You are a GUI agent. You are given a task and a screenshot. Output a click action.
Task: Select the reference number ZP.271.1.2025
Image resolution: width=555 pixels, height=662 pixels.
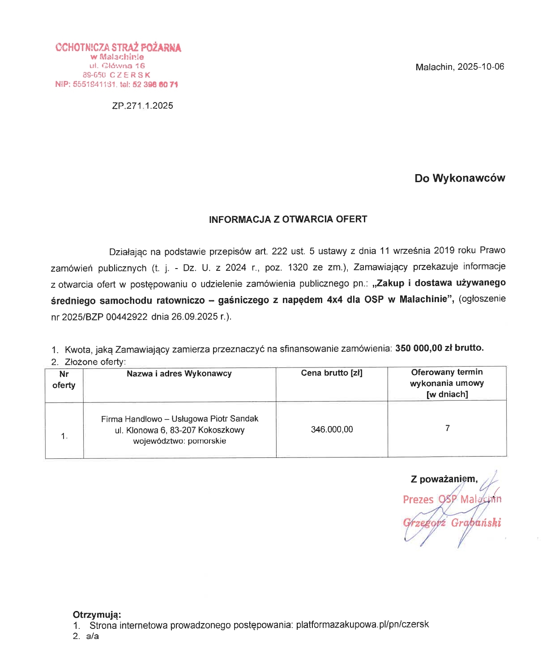pyautogui.click(x=142, y=106)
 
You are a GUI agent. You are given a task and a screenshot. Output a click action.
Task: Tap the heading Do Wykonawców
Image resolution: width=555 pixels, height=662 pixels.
pyautogui.click(x=460, y=178)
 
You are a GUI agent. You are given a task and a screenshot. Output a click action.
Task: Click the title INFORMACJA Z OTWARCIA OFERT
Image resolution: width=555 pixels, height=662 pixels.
pyautogui.click(x=288, y=219)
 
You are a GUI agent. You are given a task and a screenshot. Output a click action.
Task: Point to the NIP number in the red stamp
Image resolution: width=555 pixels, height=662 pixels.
pyautogui.click(x=94, y=84)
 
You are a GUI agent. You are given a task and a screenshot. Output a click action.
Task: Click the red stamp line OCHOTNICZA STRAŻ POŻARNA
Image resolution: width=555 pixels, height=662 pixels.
pyautogui.click(x=118, y=47)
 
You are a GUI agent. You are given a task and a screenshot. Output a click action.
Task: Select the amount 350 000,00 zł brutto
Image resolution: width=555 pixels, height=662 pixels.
pyautogui.click(x=439, y=348)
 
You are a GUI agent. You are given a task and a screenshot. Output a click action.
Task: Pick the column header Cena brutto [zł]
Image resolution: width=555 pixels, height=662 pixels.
pyautogui.click(x=332, y=373)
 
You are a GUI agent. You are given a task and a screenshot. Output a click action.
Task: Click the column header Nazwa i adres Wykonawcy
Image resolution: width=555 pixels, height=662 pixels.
pyautogui.click(x=179, y=373)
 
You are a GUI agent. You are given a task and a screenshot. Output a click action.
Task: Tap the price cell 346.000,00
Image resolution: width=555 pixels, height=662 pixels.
pyautogui.click(x=332, y=430)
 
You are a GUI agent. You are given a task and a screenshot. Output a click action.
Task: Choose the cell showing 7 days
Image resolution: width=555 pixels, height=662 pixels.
pyautogui.click(x=447, y=428)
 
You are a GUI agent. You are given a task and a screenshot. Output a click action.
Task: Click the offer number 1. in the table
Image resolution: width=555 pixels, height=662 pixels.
pyautogui.click(x=64, y=436)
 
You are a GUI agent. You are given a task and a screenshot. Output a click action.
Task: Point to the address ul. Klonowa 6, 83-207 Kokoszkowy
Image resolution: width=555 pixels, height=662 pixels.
pyautogui.click(x=179, y=430)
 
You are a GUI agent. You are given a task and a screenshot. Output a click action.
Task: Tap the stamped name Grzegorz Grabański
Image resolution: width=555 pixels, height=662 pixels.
pyautogui.click(x=452, y=523)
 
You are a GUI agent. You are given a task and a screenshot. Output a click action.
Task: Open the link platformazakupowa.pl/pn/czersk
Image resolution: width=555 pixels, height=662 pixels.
pyautogui.click(x=362, y=624)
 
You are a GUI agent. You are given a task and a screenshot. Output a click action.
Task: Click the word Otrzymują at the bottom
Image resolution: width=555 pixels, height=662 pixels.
pyautogui.click(x=97, y=615)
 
